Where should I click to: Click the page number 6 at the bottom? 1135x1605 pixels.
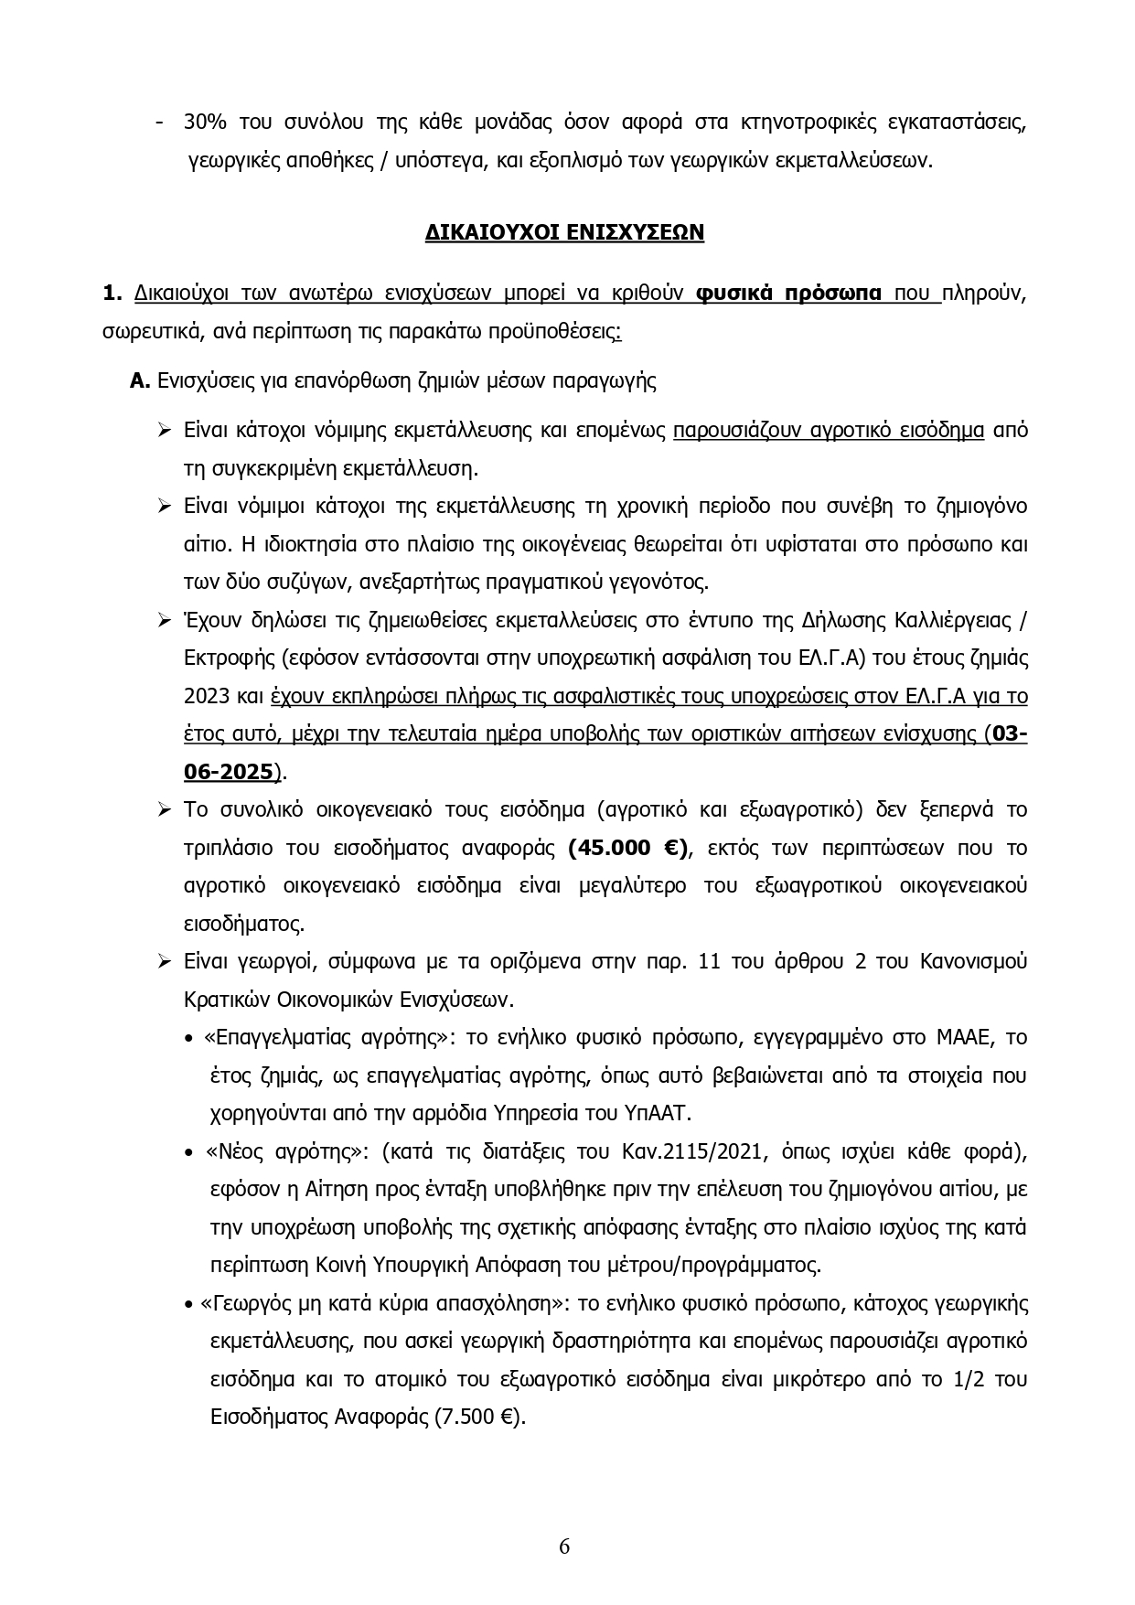pos(564,1546)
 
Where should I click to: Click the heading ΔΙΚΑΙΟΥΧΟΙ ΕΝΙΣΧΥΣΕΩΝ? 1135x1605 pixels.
pos(564,232)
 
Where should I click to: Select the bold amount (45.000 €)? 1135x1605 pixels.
pos(628,848)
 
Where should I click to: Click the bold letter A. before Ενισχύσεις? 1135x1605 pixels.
pos(140,380)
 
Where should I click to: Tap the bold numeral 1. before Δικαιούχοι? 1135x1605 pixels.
pos(112,293)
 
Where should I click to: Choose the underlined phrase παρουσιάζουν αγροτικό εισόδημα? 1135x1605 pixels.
pos(828,430)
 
